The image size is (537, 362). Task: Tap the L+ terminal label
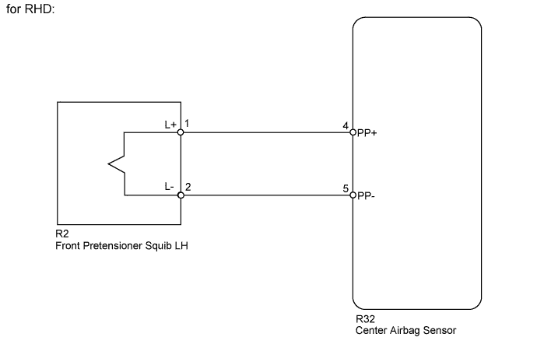[x=170, y=124]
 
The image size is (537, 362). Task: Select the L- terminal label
[x=170, y=187]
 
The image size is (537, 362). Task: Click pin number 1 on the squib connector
[x=188, y=124]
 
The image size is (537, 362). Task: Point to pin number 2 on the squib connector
[x=188, y=188]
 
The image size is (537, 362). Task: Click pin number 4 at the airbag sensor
[x=346, y=125]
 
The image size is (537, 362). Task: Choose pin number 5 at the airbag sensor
[x=346, y=188]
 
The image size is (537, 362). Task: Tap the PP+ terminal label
[x=367, y=133]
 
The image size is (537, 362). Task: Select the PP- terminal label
[x=367, y=196]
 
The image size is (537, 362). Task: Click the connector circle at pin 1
[x=181, y=132]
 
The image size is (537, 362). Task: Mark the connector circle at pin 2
[x=181, y=195]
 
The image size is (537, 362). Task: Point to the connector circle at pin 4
[x=353, y=132]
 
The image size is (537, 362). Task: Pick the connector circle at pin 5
[x=353, y=195]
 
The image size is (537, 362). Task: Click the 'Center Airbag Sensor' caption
[x=405, y=330]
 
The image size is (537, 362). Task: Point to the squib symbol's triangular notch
[x=114, y=163]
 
